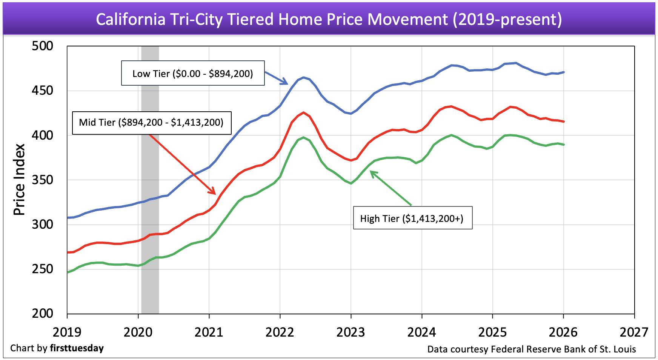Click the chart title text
329,19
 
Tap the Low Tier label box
192,73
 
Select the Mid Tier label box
151,123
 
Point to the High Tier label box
412,218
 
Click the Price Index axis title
19,180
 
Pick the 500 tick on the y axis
42,46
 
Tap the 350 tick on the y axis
42,180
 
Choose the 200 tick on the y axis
42,313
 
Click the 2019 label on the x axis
67,332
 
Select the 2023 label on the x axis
351,332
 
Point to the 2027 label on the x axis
634,332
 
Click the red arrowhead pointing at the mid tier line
213,192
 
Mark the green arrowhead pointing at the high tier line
372,173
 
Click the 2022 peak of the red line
303,112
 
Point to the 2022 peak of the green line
303,137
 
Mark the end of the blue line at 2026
564,72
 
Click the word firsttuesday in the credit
77,348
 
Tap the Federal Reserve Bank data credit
531,349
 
